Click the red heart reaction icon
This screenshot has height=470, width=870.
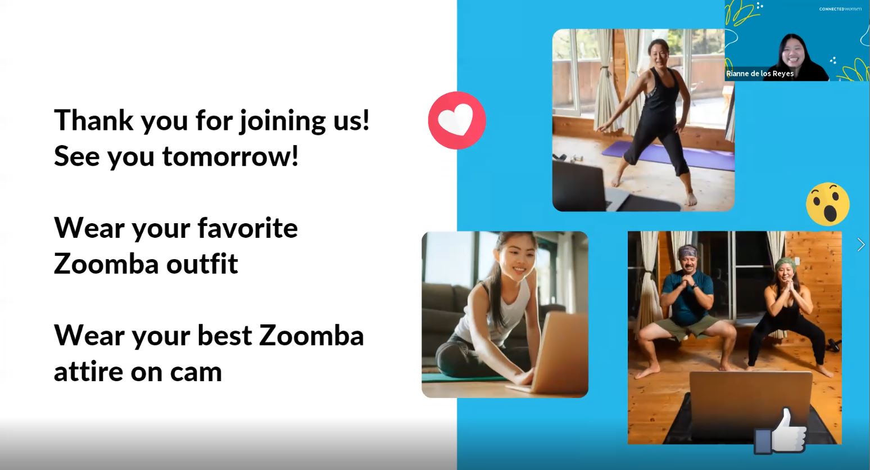click(x=457, y=120)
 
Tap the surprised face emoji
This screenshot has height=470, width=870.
click(x=828, y=204)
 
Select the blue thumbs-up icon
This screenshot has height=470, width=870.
click(x=780, y=431)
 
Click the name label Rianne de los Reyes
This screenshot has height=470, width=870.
click(x=760, y=74)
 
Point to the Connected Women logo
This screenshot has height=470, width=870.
click(x=840, y=9)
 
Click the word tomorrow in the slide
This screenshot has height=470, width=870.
click(x=230, y=156)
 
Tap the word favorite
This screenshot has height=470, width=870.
click(x=248, y=228)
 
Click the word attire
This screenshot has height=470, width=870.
click(x=89, y=372)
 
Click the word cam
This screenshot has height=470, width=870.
click(x=196, y=372)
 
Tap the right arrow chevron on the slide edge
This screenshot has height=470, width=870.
click(x=861, y=245)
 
